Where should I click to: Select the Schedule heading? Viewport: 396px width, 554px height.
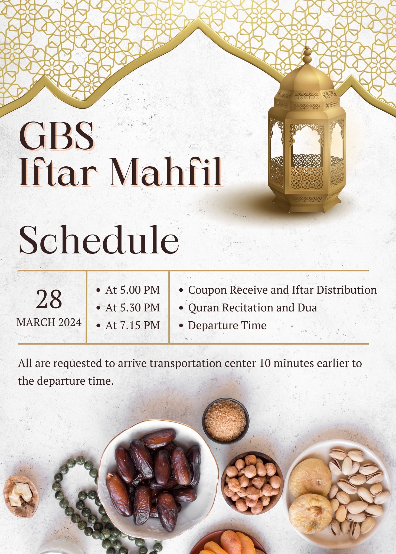(99, 240)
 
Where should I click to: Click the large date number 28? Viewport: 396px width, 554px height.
(49, 299)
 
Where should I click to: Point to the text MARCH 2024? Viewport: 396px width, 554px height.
(49, 322)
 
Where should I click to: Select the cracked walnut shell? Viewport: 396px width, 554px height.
(21, 496)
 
